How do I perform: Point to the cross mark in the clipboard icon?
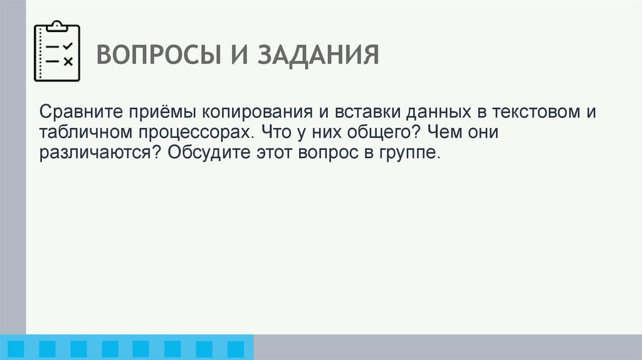(68, 61)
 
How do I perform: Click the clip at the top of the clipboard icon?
(57, 25)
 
